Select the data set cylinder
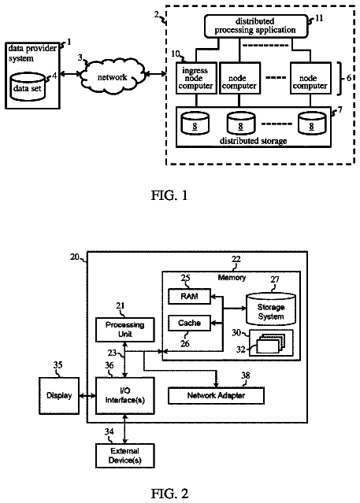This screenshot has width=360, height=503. pos(28,87)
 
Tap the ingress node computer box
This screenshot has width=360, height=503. pos(195,78)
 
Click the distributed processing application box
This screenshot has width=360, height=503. pos(256,26)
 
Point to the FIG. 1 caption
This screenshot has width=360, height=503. pos(169,195)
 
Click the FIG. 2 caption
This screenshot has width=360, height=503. pos(169,494)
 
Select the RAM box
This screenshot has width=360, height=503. pos(190,297)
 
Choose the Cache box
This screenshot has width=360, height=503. pos(190,323)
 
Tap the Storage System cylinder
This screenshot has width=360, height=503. pos(271,309)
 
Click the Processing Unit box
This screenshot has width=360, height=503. pos(125,330)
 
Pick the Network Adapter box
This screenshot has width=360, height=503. pos(216,395)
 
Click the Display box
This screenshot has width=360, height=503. pos(59,395)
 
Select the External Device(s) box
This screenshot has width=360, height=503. pos(125,456)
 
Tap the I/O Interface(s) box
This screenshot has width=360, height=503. pos(125,395)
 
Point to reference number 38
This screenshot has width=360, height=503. pos(246,375)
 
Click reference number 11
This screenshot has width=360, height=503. pos(319,18)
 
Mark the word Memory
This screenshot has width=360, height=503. pos(232,278)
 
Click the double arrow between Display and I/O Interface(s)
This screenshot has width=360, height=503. pos(87,396)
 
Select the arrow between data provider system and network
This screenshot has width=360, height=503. pos(70,75)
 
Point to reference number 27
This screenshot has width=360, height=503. pos(275,279)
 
